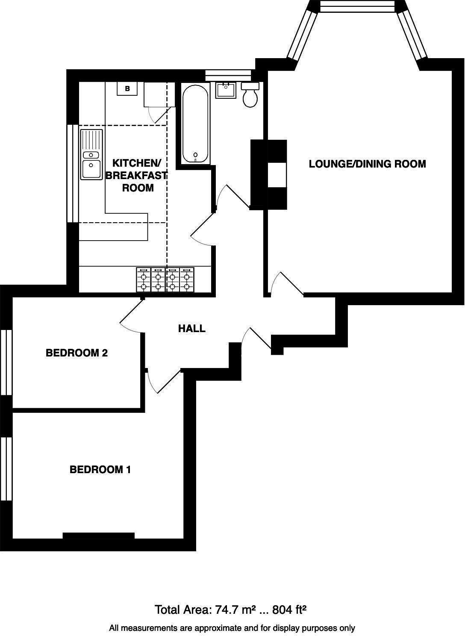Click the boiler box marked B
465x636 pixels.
pyautogui.click(x=127, y=89)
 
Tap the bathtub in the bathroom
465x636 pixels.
pyautogui.click(x=196, y=124)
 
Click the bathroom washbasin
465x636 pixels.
pyautogui.click(x=226, y=90)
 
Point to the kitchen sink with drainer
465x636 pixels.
pyautogui.click(x=91, y=154)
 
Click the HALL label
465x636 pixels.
pyautogui.click(x=191, y=329)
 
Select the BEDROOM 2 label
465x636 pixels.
pyautogui.click(x=77, y=353)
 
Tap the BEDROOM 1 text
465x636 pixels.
pyautogui.click(x=100, y=470)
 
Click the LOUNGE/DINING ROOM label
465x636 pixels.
pyautogui.click(x=367, y=164)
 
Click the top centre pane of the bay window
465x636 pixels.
pyautogui.click(x=357, y=6)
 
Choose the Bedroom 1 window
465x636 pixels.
pyautogui.click(x=6, y=468)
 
